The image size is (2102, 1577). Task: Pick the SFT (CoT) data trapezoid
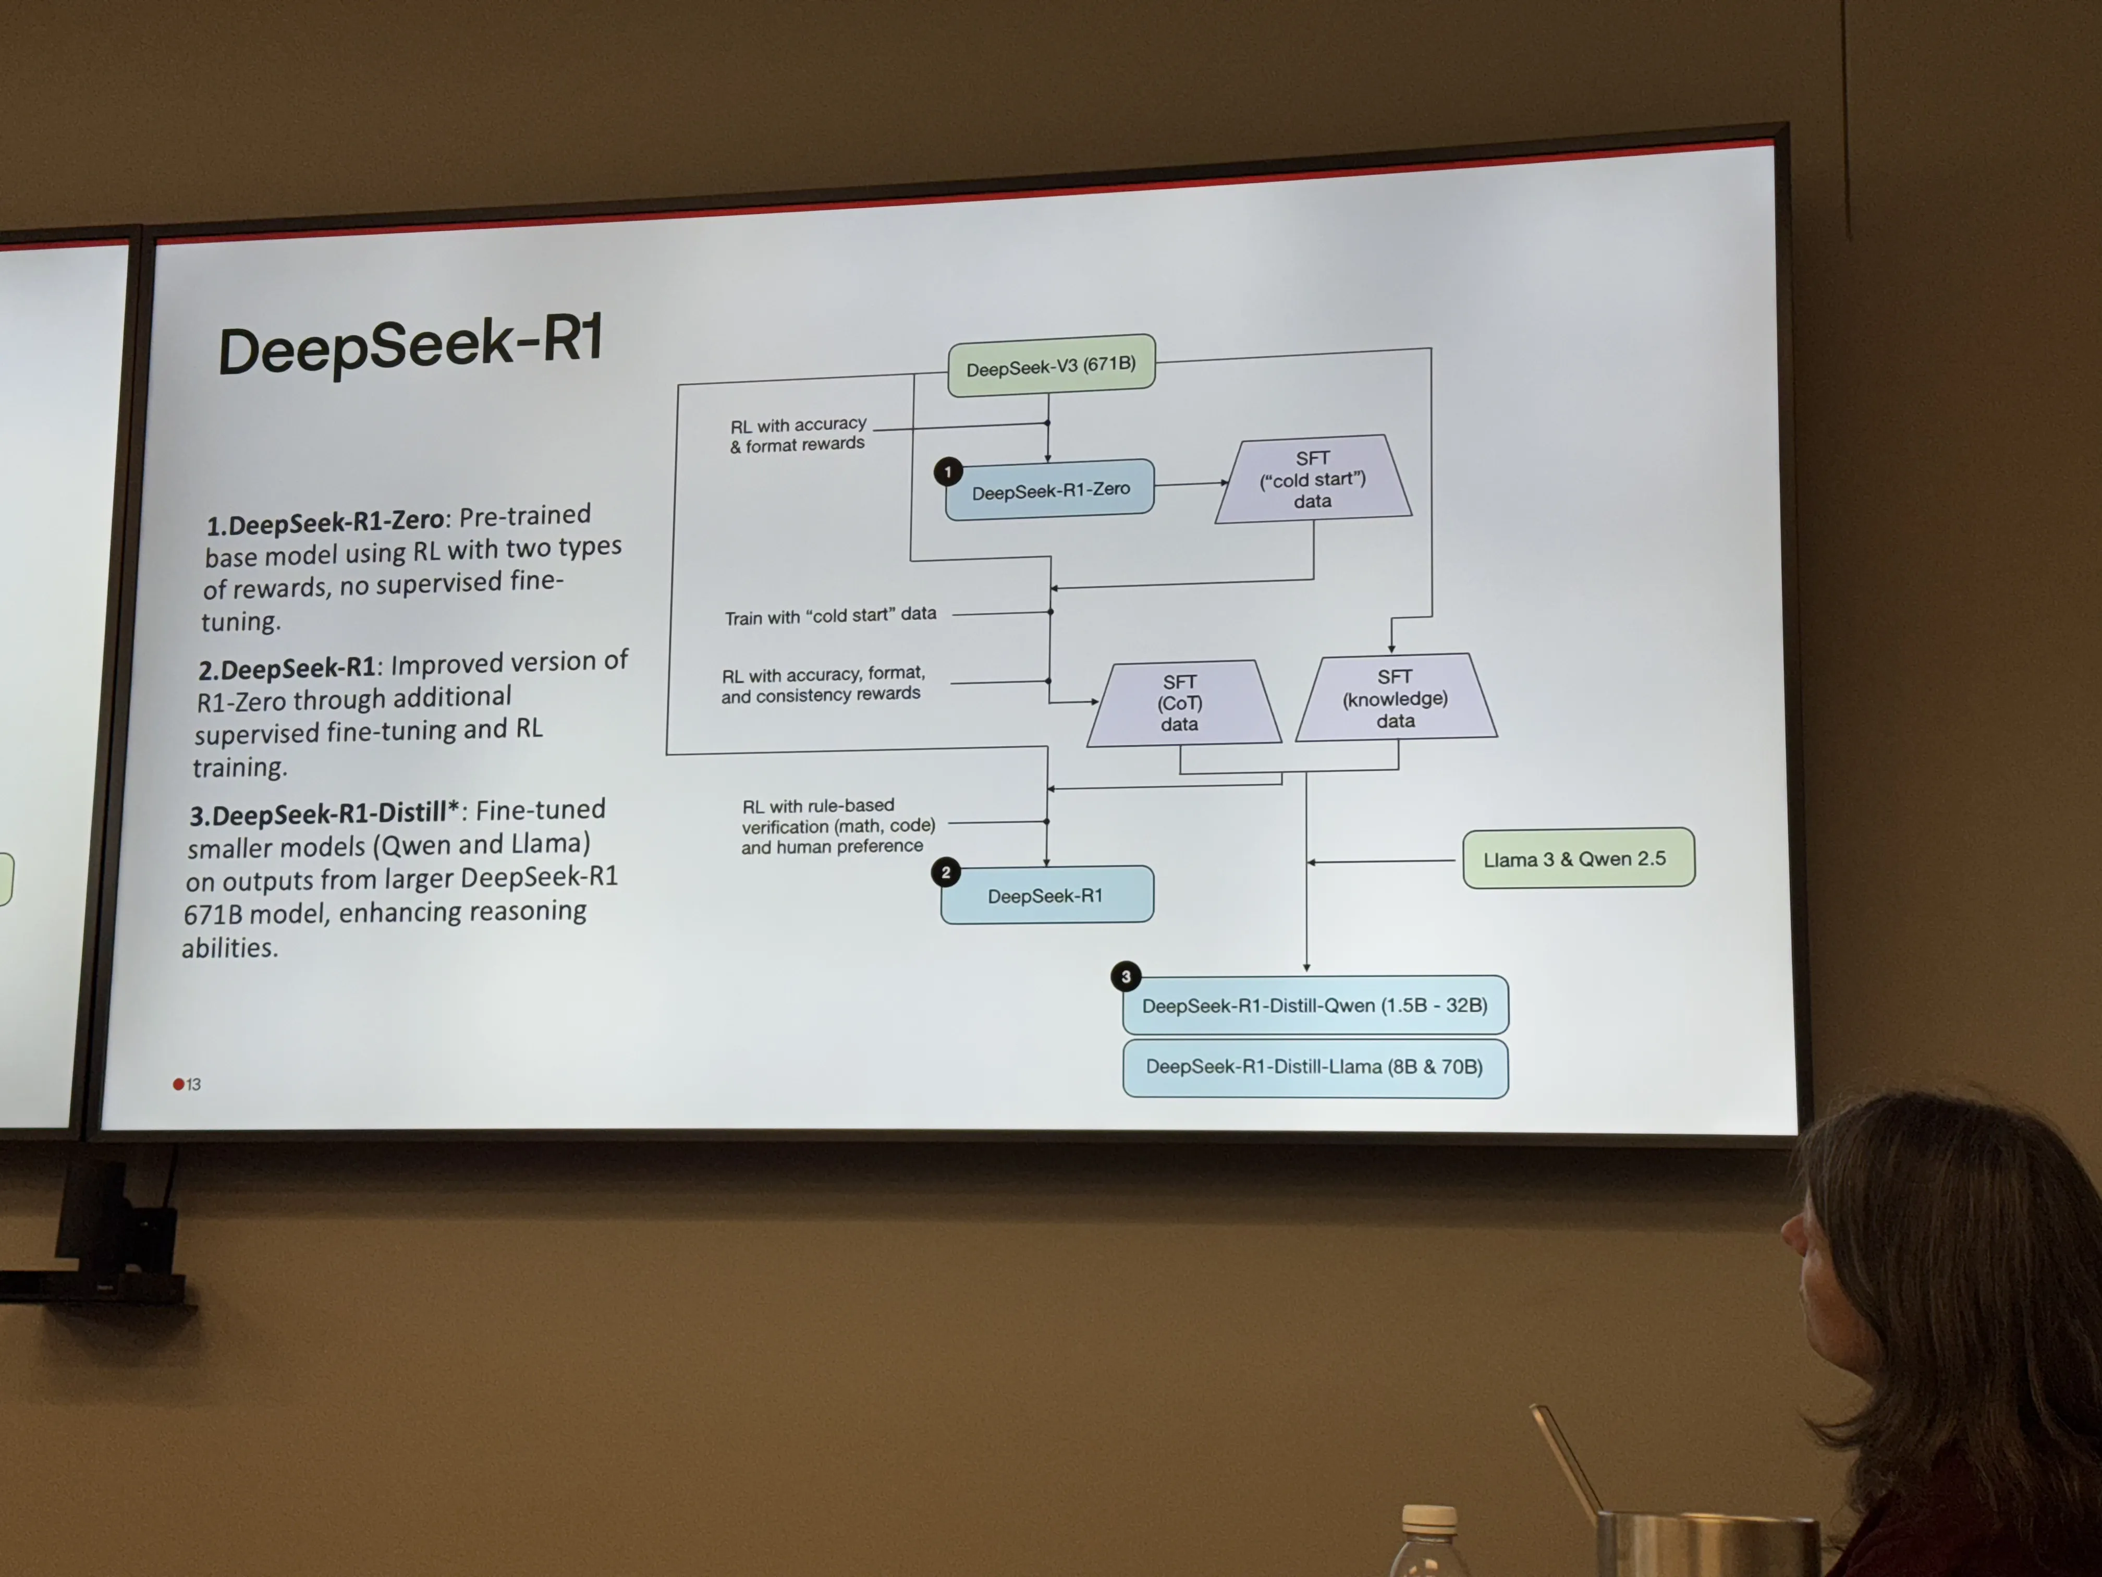click(1180, 703)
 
